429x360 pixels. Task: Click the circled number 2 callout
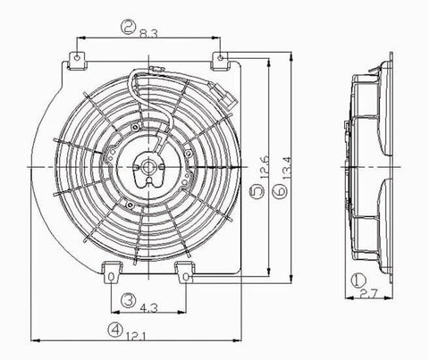point(128,27)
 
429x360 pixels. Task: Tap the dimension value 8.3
point(148,33)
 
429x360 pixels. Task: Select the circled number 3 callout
point(128,300)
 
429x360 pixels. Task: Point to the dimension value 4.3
point(148,307)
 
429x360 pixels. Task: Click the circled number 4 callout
point(115,330)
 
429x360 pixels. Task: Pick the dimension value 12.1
point(136,337)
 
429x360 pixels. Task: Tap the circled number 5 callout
point(257,191)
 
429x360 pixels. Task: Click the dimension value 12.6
point(265,167)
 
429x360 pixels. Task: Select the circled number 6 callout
point(281,191)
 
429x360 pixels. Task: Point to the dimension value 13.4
point(287,168)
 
